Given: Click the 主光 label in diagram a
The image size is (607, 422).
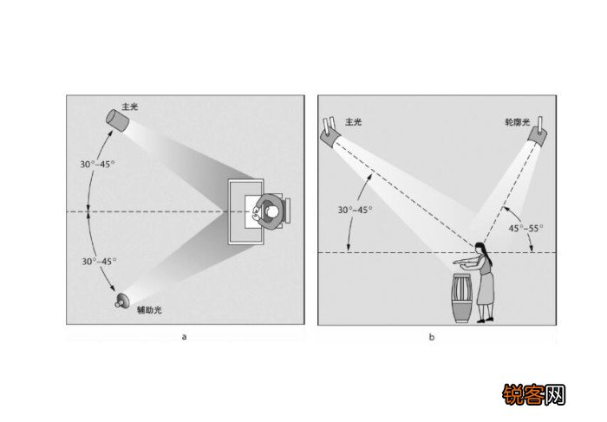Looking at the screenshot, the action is (x=130, y=107).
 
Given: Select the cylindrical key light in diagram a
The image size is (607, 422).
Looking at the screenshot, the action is (x=117, y=120).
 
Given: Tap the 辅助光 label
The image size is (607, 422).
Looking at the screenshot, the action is (x=149, y=309).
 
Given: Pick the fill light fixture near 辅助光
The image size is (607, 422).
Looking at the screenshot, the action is (x=123, y=301).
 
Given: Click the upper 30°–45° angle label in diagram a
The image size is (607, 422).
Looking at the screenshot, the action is (x=97, y=164).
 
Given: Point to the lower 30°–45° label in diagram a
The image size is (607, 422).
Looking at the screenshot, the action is (x=99, y=262).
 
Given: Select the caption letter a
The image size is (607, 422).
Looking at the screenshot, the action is (x=184, y=336).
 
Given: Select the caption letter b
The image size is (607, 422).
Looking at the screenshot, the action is (x=432, y=337).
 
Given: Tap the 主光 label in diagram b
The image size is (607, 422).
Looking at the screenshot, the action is (x=353, y=122).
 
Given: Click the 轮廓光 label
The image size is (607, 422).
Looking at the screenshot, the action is (x=518, y=123).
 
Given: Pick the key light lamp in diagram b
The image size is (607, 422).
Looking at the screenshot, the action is (x=330, y=133).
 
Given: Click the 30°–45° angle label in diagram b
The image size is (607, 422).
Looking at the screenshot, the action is (x=355, y=210).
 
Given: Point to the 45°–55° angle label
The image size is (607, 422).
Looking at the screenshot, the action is (x=526, y=229).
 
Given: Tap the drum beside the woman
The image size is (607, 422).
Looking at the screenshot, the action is (x=462, y=298).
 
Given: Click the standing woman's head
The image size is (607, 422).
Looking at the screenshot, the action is (x=480, y=249).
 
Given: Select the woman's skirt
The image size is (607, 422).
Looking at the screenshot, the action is (x=486, y=289).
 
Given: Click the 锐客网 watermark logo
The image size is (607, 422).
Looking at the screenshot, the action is (x=535, y=394).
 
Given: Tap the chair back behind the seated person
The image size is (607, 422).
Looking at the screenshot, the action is (x=288, y=211).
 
